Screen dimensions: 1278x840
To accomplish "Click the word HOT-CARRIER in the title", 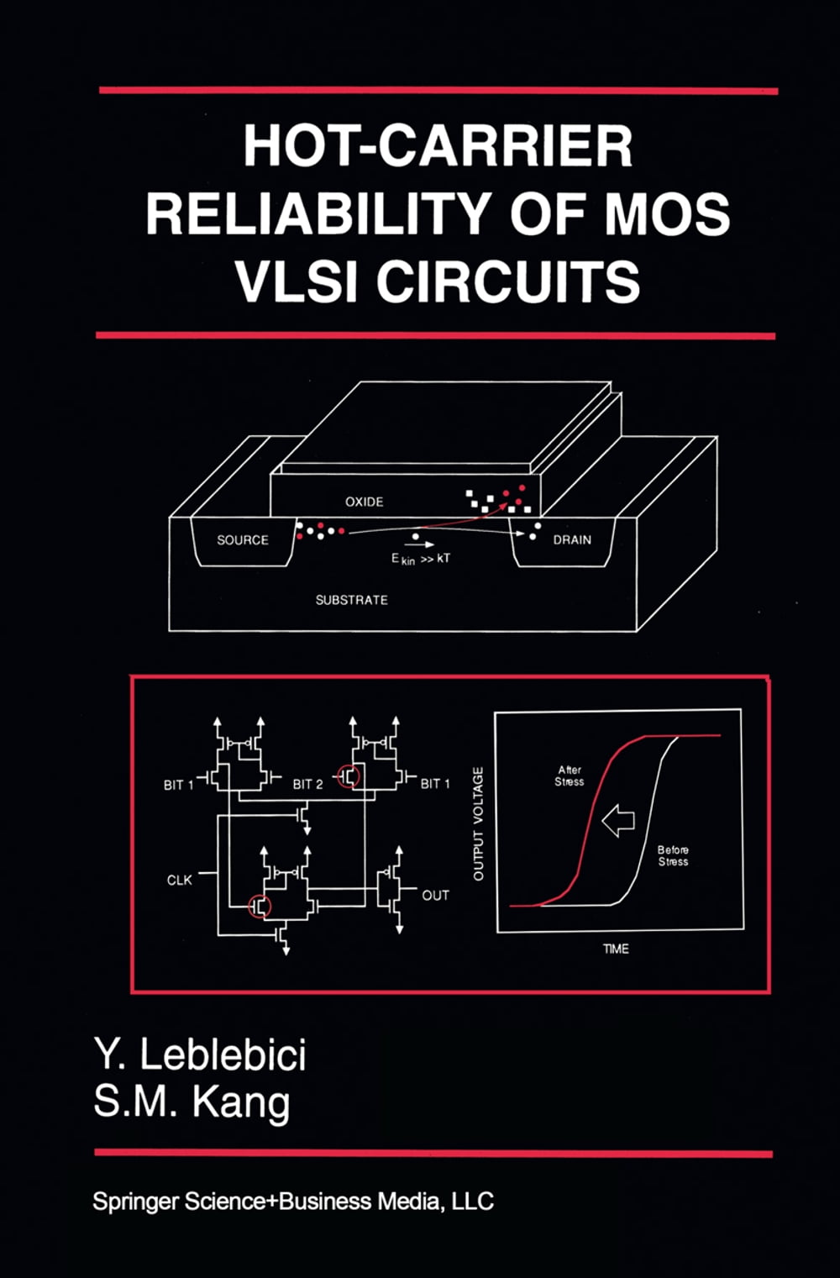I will tap(438, 146).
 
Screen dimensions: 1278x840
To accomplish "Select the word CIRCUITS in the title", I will tap(507, 281).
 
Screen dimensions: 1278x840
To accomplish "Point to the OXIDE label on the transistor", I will tap(364, 502).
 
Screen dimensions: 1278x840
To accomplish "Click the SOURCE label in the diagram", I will tap(243, 540).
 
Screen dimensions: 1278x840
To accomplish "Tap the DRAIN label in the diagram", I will tap(572, 539).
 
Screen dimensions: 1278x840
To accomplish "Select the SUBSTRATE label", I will tap(351, 600).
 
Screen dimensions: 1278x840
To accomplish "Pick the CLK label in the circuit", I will tap(179, 880).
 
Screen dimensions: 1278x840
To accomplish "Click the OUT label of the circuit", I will tap(435, 896).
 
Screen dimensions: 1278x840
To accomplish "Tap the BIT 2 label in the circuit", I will tap(307, 784).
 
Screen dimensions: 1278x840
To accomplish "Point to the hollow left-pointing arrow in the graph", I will tap(618, 819).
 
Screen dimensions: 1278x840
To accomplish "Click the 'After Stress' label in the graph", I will tap(570, 776).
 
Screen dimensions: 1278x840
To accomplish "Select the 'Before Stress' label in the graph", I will tap(673, 855).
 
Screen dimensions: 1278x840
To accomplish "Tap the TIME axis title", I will tap(616, 949).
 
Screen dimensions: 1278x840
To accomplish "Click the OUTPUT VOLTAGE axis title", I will tap(479, 823).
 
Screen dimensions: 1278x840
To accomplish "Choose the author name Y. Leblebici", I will tap(200, 1054).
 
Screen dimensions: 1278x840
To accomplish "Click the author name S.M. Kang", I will tap(192, 1102).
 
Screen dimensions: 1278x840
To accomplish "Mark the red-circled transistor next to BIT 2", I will tap(349, 776).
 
